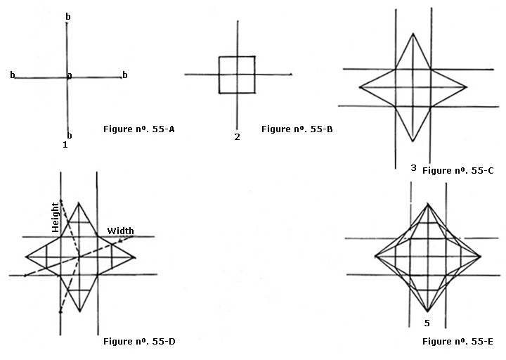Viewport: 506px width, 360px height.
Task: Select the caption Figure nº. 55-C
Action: click(x=458, y=170)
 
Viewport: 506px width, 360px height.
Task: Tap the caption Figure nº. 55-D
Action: click(x=139, y=342)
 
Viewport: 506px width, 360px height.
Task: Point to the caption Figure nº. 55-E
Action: click(x=458, y=342)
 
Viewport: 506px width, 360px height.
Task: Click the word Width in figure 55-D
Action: click(x=120, y=231)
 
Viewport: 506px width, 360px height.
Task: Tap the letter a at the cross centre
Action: click(x=69, y=75)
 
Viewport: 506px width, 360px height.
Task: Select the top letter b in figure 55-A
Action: click(x=67, y=15)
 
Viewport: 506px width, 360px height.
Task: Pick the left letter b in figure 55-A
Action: click(x=13, y=75)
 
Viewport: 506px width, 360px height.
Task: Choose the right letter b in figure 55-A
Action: click(x=124, y=75)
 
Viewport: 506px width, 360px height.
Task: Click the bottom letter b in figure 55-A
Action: click(x=69, y=135)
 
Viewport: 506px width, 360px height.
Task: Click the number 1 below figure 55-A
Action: click(x=65, y=144)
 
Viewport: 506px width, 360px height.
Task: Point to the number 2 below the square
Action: click(x=237, y=136)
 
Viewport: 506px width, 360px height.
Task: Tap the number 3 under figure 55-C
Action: click(x=413, y=167)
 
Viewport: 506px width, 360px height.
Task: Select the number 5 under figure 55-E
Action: click(x=427, y=323)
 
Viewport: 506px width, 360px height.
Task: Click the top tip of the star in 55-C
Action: click(x=412, y=33)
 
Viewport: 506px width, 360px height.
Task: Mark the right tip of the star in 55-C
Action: click(x=467, y=88)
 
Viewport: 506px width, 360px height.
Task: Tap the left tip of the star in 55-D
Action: click(x=25, y=257)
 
